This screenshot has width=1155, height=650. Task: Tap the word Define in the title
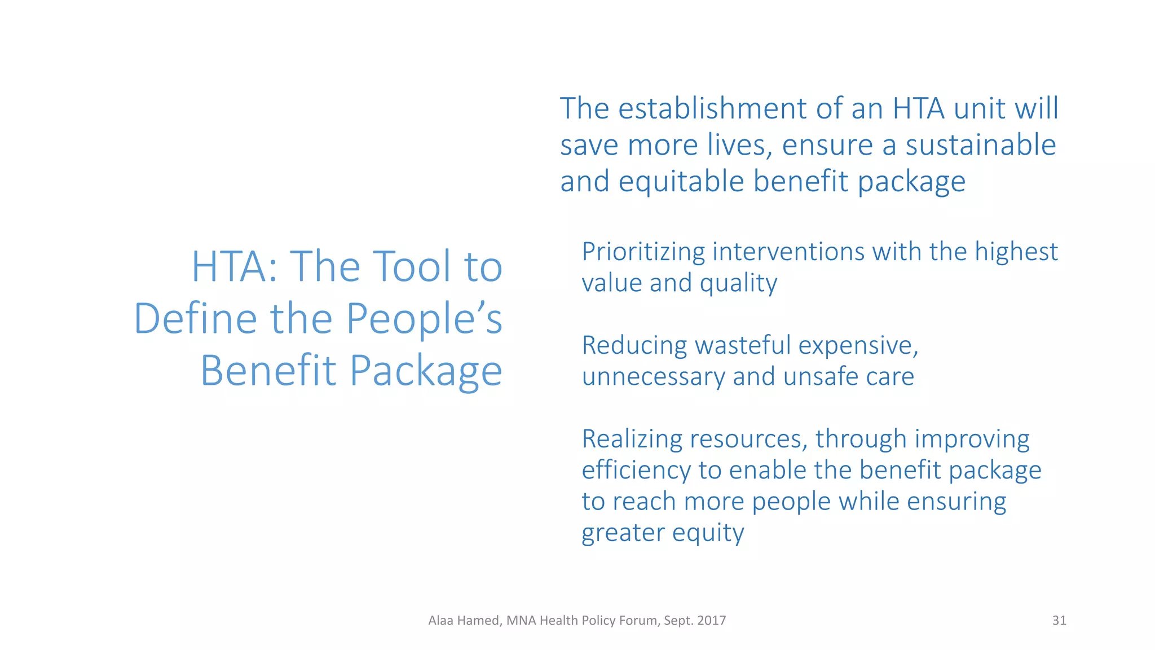click(195, 318)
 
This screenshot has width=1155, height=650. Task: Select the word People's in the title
click(424, 318)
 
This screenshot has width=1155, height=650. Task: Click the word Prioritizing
click(643, 252)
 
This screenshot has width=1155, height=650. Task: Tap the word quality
click(738, 283)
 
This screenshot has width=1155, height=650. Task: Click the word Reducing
click(634, 346)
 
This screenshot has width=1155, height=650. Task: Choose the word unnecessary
click(653, 377)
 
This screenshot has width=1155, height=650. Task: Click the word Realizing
click(632, 440)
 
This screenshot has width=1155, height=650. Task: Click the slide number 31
click(1059, 621)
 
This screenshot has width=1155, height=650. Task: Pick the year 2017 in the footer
click(711, 621)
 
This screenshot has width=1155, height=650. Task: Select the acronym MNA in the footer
click(521, 621)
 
